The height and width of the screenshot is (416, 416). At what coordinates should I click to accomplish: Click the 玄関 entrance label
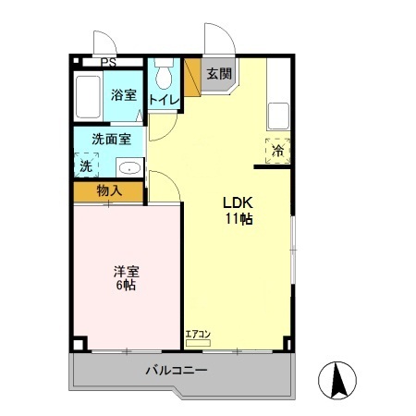click(x=219, y=74)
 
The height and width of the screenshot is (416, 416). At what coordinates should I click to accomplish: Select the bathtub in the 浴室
click(x=88, y=96)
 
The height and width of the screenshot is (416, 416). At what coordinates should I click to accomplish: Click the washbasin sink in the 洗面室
click(x=129, y=167)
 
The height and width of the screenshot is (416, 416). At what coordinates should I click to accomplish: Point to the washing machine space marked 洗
click(x=86, y=165)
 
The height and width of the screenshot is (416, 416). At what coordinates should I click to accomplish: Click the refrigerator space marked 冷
click(x=278, y=151)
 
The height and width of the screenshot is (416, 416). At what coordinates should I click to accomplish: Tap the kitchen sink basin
click(x=278, y=116)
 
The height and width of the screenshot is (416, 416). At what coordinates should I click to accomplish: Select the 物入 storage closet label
click(x=109, y=191)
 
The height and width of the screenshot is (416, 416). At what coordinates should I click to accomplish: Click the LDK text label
click(x=238, y=202)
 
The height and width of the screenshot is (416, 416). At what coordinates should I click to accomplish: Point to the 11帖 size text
click(x=239, y=219)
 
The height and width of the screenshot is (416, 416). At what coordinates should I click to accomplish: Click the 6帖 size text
click(x=126, y=286)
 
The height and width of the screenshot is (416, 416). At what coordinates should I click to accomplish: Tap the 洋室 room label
click(x=127, y=272)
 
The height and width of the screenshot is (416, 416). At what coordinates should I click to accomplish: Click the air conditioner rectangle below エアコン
click(x=198, y=343)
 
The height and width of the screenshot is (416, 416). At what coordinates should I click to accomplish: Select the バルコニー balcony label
click(x=177, y=370)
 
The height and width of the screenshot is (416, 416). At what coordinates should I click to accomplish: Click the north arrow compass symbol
click(x=337, y=381)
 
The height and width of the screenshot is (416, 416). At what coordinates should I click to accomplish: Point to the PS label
click(x=109, y=63)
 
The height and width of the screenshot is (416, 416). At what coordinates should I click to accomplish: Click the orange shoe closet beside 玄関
click(x=192, y=77)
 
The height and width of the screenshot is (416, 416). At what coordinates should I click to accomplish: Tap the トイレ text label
click(x=164, y=100)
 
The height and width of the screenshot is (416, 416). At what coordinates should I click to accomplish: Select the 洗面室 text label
click(x=112, y=140)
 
